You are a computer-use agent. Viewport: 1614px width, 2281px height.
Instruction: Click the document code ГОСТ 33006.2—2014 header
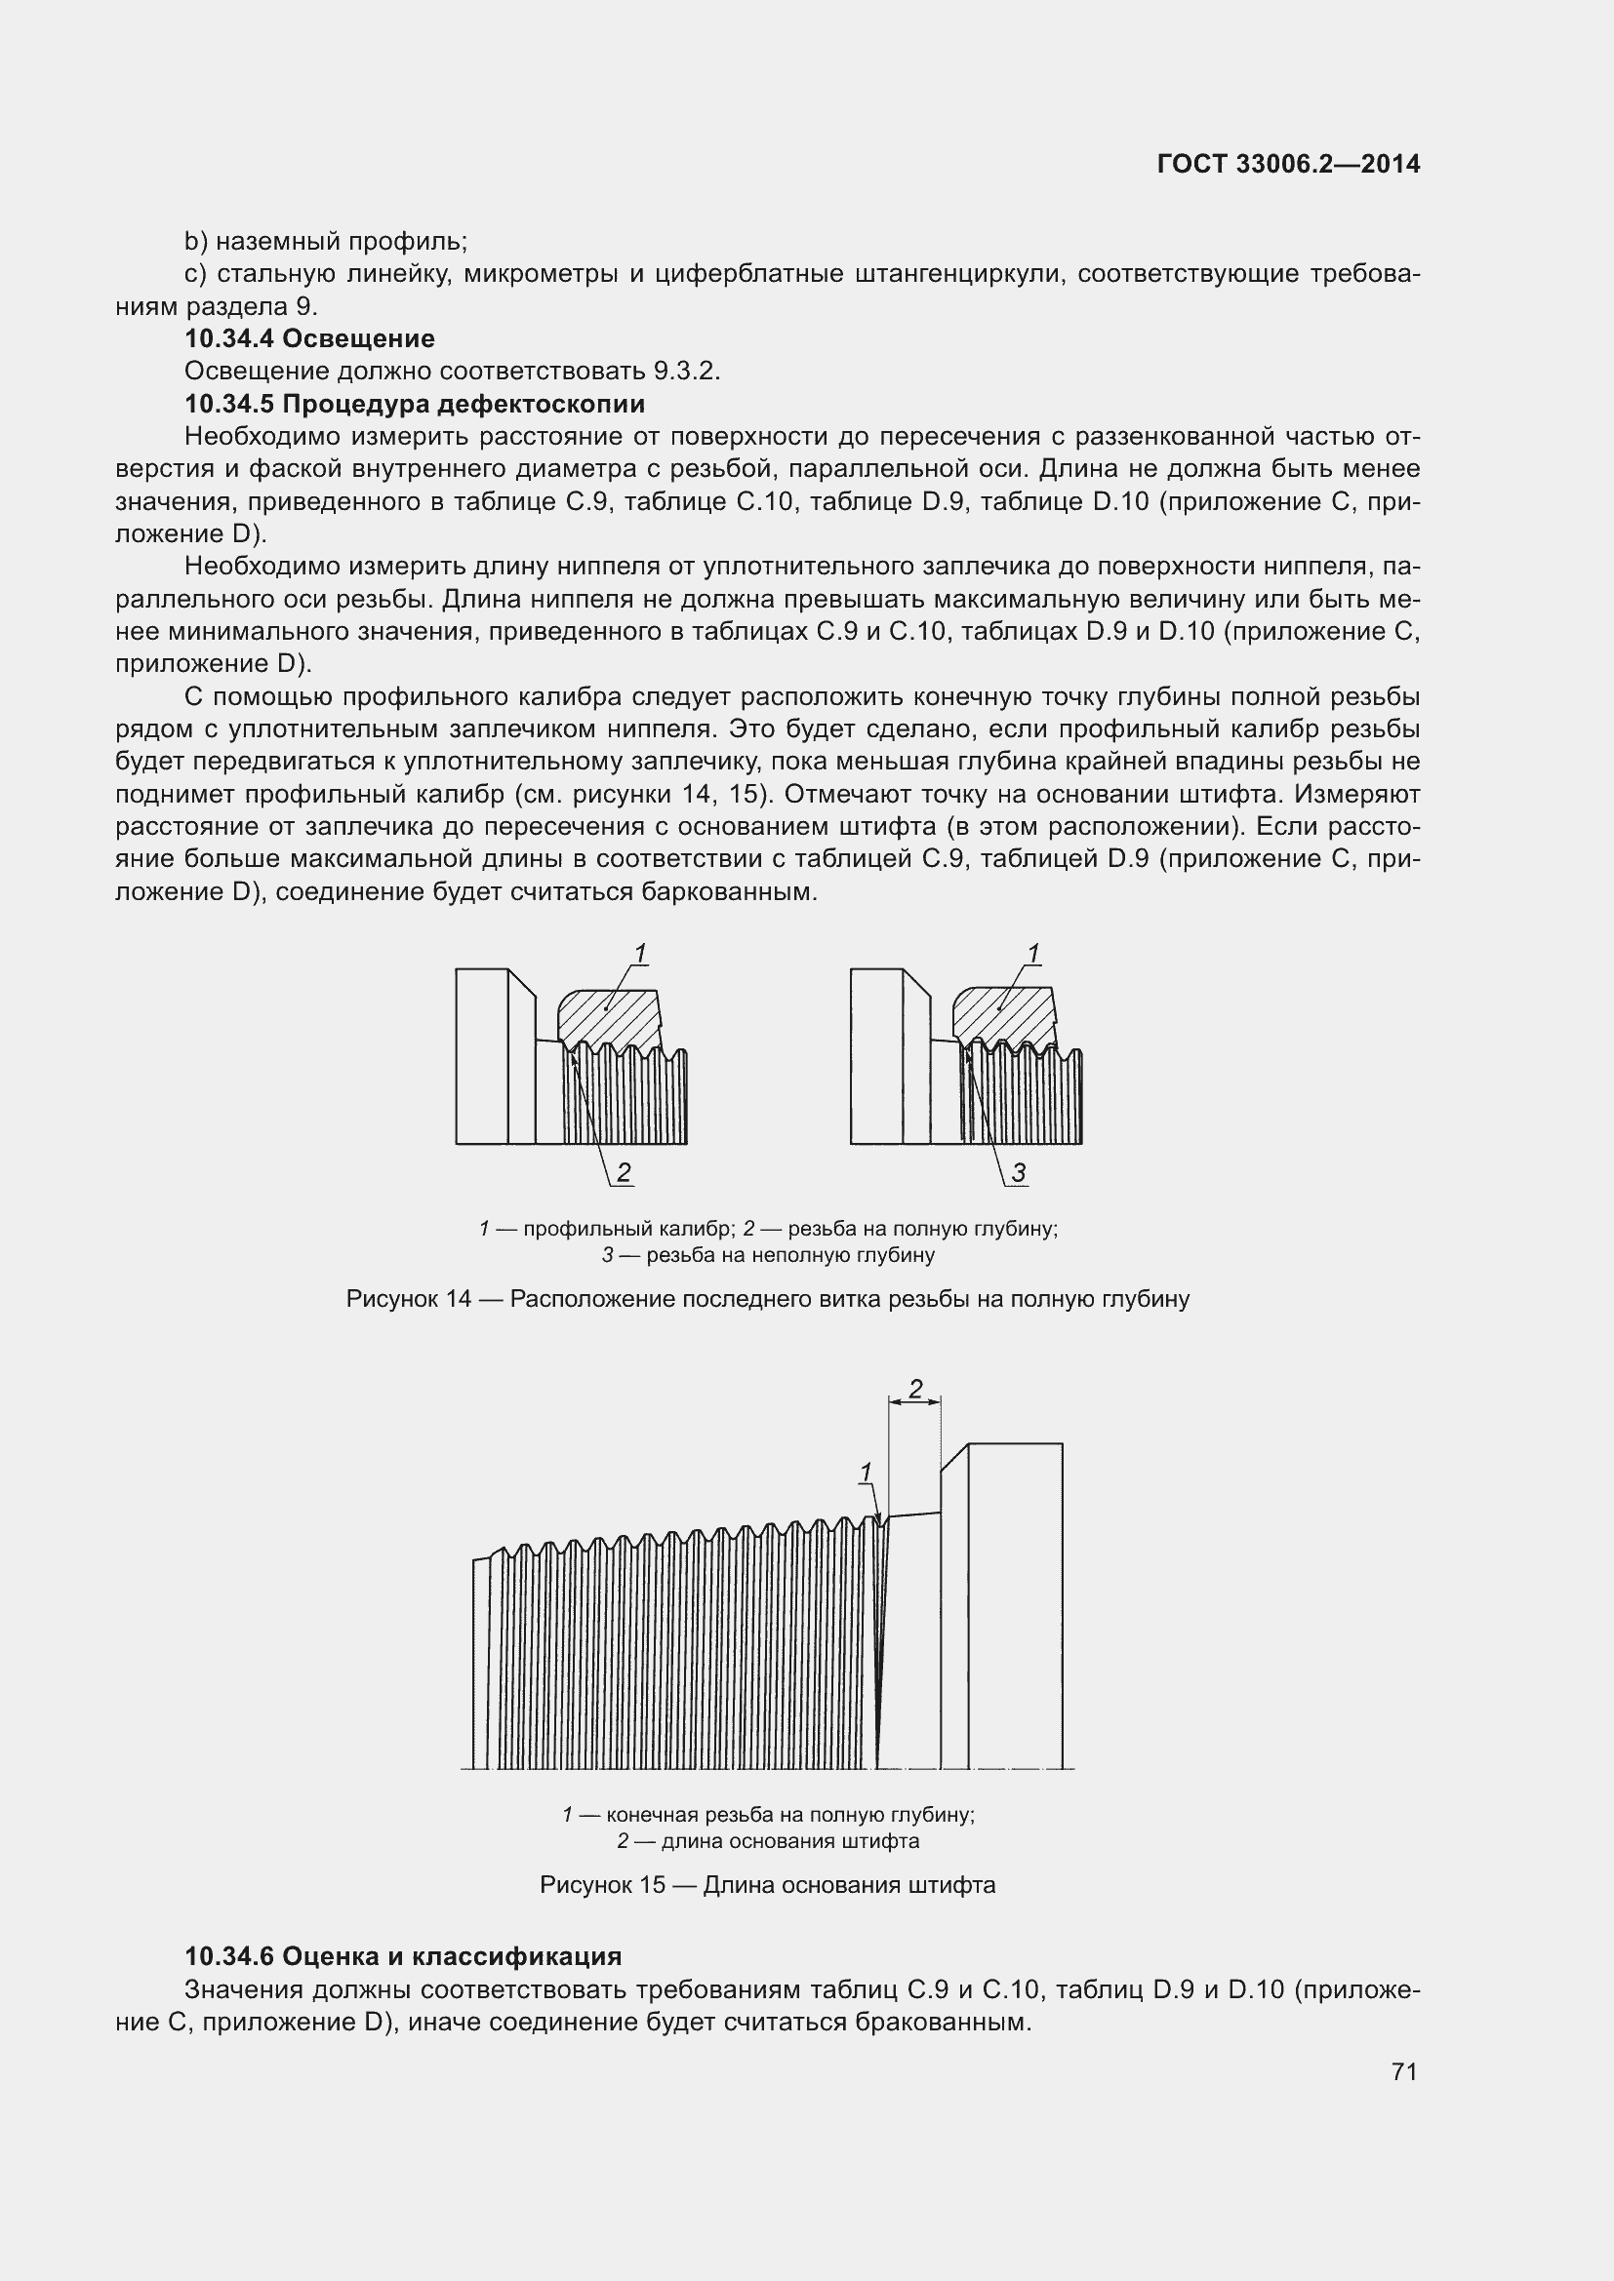[1288, 164]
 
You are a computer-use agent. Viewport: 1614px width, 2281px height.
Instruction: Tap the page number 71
[1403, 2071]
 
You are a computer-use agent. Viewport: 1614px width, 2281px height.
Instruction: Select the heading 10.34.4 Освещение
[309, 338]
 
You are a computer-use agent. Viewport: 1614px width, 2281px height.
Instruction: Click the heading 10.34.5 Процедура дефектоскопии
[415, 405]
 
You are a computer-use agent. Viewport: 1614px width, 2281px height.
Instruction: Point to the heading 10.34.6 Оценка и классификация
[402, 1956]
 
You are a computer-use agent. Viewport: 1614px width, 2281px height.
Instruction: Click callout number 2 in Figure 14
[624, 1173]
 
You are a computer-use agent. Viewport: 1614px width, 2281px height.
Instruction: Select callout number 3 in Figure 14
[1019, 1173]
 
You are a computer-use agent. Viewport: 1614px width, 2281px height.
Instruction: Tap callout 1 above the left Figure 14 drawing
[641, 954]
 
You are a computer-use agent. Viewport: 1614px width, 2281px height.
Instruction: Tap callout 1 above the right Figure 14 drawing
[1033, 954]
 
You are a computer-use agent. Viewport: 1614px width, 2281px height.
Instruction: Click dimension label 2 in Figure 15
[915, 1388]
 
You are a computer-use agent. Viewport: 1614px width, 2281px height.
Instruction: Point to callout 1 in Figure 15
[866, 1472]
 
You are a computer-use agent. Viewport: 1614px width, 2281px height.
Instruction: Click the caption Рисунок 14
[767, 1298]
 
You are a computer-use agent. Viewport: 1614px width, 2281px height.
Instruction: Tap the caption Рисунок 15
[767, 1885]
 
